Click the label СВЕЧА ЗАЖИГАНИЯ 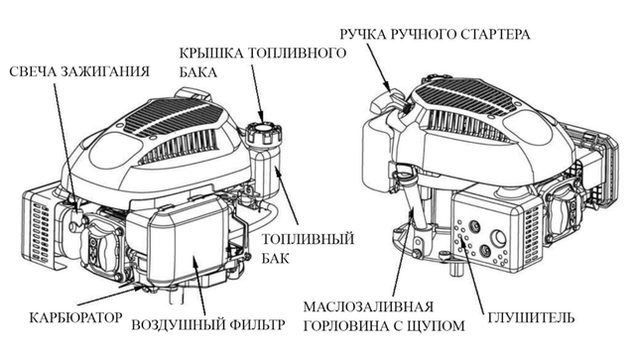click(x=79, y=71)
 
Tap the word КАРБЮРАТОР click(x=75, y=317)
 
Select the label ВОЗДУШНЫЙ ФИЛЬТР click(x=208, y=324)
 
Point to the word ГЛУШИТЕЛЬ click(x=531, y=317)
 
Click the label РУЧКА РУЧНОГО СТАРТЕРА click(x=435, y=35)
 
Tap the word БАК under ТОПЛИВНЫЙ click(x=276, y=258)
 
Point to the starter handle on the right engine click(x=388, y=98)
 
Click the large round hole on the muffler click(x=498, y=237)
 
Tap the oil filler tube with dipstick click(x=413, y=202)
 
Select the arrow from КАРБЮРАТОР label click(x=109, y=296)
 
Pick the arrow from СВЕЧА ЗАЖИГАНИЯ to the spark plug click(x=64, y=144)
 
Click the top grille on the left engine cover click(x=174, y=118)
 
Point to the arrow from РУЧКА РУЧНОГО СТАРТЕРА click(x=379, y=66)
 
